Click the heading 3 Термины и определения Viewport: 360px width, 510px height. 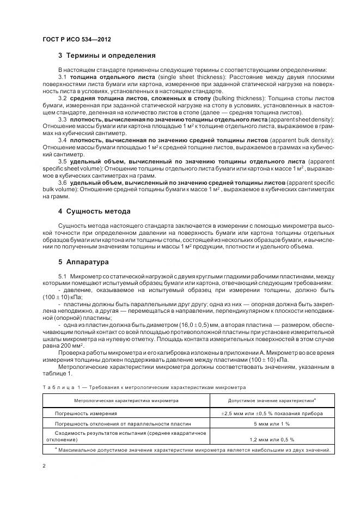107,55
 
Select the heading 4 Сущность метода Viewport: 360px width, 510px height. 97,210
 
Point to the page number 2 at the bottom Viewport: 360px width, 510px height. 44,466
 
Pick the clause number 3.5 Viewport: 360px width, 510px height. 63,162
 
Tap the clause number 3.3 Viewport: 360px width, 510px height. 63,118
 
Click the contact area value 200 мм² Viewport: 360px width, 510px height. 74,345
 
